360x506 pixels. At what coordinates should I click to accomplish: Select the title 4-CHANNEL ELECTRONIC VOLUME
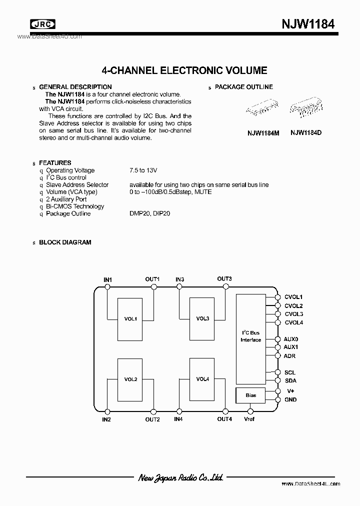click(x=184, y=71)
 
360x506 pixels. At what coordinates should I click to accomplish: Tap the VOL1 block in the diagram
click(x=130, y=318)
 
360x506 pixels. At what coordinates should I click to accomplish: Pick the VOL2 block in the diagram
click(x=130, y=379)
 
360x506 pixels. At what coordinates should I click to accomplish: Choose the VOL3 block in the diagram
click(x=202, y=318)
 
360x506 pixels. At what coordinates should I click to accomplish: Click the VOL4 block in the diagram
click(x=202, y=379)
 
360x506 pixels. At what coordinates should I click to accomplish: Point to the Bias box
click(x=251, y=395)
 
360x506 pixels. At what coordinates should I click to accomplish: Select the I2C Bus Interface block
click(x=251, y=336)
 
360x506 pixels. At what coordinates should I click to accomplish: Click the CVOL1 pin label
click(x=293, y=297)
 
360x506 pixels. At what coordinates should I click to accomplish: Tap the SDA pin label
click(x=290, y=381)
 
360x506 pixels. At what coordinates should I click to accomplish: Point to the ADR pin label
click(x=289, y=355)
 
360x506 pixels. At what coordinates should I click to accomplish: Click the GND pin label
click(x=290, y=399)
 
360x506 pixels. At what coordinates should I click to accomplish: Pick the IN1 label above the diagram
click(x=107, y=279)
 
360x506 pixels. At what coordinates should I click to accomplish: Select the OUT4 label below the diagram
click(x=224, y=419)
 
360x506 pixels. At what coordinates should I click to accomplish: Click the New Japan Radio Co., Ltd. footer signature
click(x=180, y=477)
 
